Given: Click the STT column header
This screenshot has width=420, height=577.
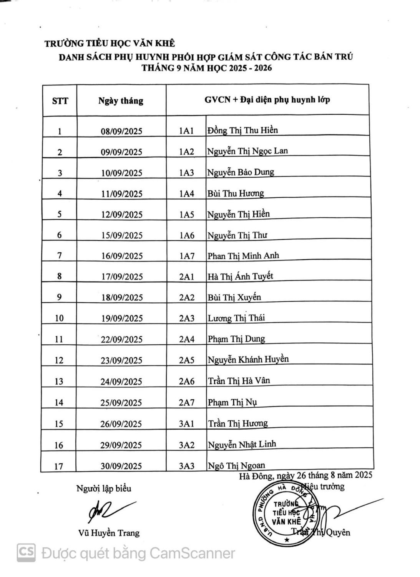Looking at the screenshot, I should [x=60, y=101].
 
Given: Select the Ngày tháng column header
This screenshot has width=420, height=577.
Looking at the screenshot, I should [x=121, y=101].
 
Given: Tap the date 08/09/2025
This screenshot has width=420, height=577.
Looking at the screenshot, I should [x=121, y=131].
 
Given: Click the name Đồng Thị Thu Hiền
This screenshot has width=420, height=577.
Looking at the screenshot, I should [x=242, y=130].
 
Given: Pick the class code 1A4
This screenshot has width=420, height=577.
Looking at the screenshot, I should [x=187, y=193].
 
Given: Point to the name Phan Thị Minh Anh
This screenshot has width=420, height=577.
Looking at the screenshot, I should [x=243, y=256].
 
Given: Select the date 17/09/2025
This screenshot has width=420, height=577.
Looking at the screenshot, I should [x=121, y=277].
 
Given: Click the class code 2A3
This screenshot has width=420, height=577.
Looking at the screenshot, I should [x=187, y=318].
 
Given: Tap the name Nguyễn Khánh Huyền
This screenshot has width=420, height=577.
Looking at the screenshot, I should [x=248, y=360].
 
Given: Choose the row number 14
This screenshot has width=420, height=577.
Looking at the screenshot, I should [x=59, y=403].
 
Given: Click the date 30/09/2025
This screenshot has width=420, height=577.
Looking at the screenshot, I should [x=121, y=466].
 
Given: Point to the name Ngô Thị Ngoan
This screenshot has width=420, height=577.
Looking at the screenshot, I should [x=236, y=466].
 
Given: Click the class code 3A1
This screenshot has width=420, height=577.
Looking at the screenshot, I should [x=187, y=424].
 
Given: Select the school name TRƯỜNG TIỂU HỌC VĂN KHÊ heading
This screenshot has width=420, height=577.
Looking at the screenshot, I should [x=110, y=43].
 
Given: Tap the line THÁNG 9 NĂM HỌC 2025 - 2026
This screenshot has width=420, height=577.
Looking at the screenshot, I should [x=207, y=68].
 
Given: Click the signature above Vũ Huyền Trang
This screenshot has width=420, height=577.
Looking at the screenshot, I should [x=108, y=510].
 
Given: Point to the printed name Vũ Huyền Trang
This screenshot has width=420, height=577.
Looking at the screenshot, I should [x=109, y=533].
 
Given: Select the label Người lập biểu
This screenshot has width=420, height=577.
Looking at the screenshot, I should [x=104, y=489].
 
